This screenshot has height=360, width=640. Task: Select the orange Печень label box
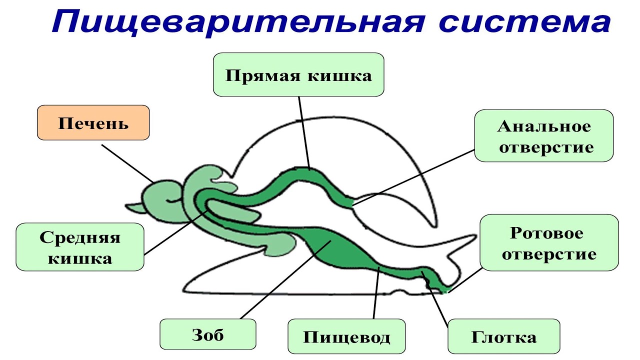coord(93,122)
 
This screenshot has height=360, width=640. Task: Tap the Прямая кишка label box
coord(298,75)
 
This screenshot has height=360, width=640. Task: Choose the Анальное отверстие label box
coord(543,136)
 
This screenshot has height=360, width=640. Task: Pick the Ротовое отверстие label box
coord(549,242)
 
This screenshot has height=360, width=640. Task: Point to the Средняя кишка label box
coord(80,247)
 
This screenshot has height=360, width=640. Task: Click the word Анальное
coord(543,126)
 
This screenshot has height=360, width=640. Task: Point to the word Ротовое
coord(547,232)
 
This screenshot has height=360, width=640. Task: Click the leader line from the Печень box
coord(127,163)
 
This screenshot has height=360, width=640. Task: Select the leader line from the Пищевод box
coord(376,295)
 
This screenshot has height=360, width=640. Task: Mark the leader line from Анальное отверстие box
coord(415,175)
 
